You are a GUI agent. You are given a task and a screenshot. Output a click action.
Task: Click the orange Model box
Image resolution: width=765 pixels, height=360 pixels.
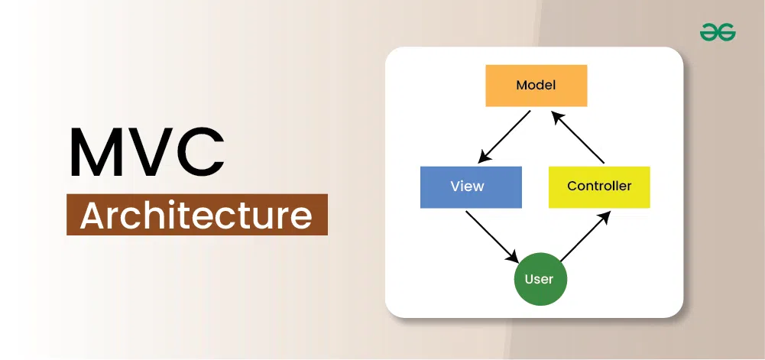[536, 86]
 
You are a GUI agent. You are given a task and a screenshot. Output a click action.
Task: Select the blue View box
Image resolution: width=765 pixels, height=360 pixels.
[471, 186]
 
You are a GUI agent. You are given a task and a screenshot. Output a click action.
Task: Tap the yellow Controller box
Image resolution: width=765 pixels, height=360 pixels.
[599, 186]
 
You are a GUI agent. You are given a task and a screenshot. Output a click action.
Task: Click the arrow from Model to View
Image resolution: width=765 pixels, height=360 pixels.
[504, 137]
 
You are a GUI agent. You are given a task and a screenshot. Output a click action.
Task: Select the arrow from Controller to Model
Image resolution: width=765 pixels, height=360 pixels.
[578, 137]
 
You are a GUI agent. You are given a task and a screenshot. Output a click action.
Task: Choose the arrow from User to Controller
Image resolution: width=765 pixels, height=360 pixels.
[585, 237]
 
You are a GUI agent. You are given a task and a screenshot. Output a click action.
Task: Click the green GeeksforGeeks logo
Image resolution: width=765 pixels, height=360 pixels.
[718, 33]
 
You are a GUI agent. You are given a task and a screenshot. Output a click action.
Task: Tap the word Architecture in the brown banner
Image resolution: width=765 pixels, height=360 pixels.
[196, 215]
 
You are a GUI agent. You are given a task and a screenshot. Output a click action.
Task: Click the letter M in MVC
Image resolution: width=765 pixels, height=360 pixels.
[98, 152]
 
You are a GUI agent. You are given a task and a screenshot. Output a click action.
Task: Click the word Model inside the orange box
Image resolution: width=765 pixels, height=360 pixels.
[536, 86]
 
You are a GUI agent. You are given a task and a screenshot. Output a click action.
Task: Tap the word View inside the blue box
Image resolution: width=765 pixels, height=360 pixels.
[468, 186]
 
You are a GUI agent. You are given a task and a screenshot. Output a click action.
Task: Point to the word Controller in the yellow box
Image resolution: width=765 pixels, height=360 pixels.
[599, 186]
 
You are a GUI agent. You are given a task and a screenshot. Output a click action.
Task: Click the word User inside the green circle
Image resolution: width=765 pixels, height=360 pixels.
[539, 280]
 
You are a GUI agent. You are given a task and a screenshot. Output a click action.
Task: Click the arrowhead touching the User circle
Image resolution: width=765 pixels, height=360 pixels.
[513, 257]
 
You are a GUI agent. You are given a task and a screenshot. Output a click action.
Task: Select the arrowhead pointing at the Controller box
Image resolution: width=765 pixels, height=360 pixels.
[606, 217]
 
